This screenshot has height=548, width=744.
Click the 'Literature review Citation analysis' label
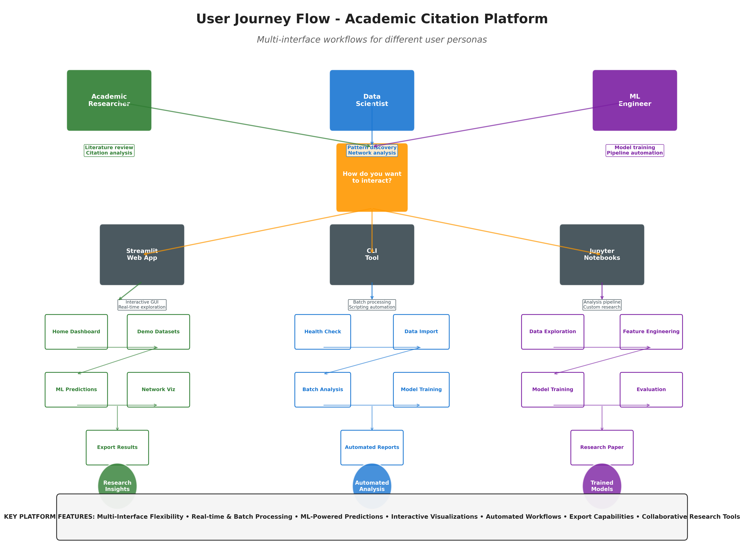coord(109,150)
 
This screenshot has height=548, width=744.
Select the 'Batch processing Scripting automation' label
coord(372,304)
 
